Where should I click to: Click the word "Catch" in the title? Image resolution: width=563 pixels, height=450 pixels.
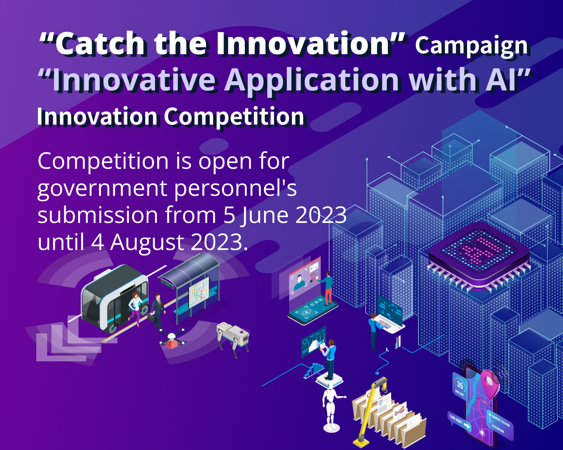[x=100, y=44]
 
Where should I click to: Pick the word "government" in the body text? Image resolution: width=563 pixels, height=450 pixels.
[x=102, y=188]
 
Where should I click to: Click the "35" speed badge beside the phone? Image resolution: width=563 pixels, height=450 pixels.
[x=460, y=385]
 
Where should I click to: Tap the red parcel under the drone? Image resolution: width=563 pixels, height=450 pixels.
[x=171, y=344]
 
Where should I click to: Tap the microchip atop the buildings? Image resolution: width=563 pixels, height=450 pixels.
[x=479, y=252]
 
